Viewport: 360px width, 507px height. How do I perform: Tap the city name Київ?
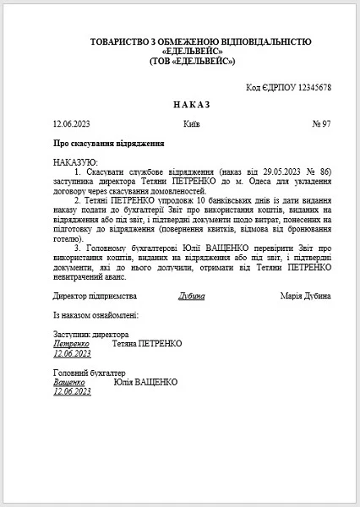[191, 124]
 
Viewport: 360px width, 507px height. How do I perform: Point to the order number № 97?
[320, 124]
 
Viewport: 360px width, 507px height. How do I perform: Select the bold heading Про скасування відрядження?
[103, 144]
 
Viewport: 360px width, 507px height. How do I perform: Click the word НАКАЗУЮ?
[75, 161]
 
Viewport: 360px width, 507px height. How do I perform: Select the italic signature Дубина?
[192, 297]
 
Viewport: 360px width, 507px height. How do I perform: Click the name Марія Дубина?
[305, 297]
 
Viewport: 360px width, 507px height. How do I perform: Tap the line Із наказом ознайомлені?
[95, 315]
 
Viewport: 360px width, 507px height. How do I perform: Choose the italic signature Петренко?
[71, 344]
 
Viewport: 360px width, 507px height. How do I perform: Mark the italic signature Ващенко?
[71, 382]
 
